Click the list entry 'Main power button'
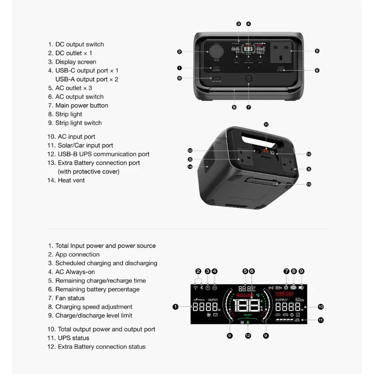pyautogui.click(x=81, y=105)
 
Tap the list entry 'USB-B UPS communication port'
pyautogui.click(x=102, y=154)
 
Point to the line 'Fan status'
pyautogui.click(x=70, y=298)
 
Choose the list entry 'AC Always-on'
pyautogui.click(x=75, y=272)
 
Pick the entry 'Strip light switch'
pyautogui.click(x=78, y=123)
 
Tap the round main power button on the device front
pyautogui.click(x=249, y=79)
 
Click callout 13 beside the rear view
pyautogui.click(x=309, y=184)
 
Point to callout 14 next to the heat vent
pyautogui.click(x=190, y=166)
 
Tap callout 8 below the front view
pyautogui.click(x=234, y=107)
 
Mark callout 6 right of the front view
pyautogui.click(x=317, y=71)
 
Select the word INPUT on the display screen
pyautogui.click(x=213, y=300)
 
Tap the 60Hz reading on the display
pyautogui.click(x=300, y=300)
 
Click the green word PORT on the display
pyautogui.click(x=248, y=315)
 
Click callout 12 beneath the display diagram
pyautogui.click(x=248, y=335)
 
